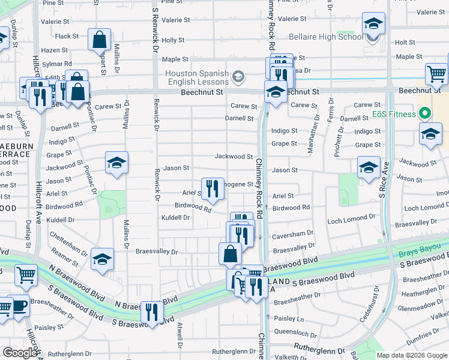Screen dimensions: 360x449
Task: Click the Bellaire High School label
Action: [326, 37]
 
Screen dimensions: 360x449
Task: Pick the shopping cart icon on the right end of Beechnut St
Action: [436, 74]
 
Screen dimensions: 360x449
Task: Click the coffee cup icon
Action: [20, 306]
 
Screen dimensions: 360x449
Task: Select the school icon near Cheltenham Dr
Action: [103, 260]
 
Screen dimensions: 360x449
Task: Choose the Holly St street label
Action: [173, 40]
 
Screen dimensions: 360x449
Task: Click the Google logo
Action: [20, 353]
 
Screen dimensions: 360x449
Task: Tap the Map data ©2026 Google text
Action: [411, 355]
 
